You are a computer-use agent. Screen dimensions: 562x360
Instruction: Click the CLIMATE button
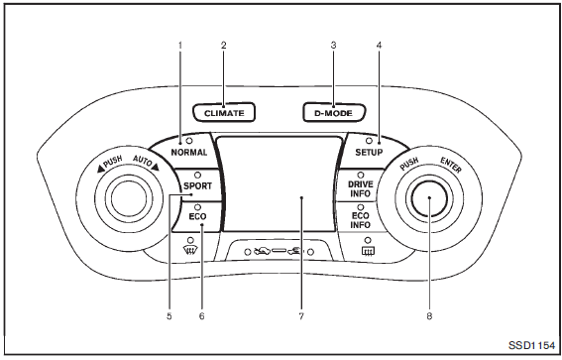coord(224,113)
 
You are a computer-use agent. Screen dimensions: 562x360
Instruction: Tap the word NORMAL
coord(189,153)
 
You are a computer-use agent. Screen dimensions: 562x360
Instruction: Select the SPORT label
coord(197,186)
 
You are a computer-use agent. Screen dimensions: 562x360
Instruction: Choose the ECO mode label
coord(197,216)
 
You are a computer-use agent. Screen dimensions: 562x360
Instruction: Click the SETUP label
coord(369,153)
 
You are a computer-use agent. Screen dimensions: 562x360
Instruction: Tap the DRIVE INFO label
coord(361,189)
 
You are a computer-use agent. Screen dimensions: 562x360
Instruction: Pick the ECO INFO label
coord(361,220)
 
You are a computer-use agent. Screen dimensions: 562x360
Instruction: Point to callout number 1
coord(180,46)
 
